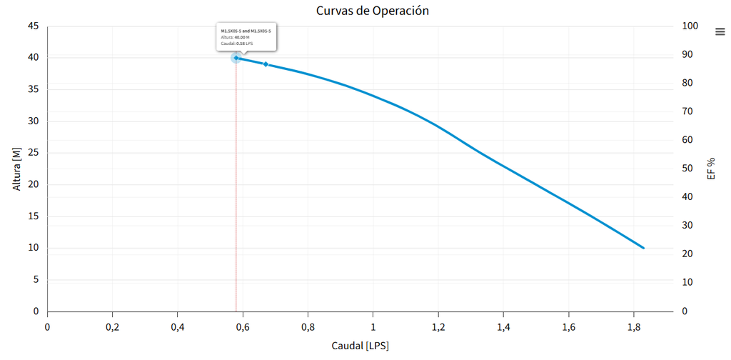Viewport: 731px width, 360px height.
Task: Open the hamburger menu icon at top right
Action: pyautogui.click(x=720, y=31)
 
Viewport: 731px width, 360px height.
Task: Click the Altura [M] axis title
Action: pyautogui.click(x=17, y=169)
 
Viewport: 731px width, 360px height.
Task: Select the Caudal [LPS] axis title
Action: pyautogui.click(x=360, y=346)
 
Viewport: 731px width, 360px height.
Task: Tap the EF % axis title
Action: pyautogui.click(x=711, y=169)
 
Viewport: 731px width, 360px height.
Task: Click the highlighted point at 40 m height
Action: pyautogui.click(x=236, y=58)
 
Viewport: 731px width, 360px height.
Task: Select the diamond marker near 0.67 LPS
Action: pyautogui.click(x=266, y=64)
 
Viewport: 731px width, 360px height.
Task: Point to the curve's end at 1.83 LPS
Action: pyautogui.click(x=643, y=248)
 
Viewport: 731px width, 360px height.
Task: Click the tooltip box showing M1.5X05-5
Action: pyautogui.click(x=246, y=37)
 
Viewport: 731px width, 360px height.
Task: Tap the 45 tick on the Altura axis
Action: pyautogui.click(x=33, y=26)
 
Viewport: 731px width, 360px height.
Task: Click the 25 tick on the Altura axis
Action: pyautogui.click(x=33, y=153)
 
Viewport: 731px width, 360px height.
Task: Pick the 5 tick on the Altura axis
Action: pyautogui.click(x=36, y=280)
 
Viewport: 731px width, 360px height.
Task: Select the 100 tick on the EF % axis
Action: pyautogui.click(x=690, y=26)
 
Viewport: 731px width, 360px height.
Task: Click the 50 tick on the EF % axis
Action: pyautogui.click(x=687, y=169)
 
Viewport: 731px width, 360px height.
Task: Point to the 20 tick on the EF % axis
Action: pyautogui.click(x=687, y=254)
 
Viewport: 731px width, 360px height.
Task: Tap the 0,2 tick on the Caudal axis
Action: pyautogui.click(x=112, y=327)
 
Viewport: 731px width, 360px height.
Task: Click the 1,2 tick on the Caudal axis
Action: pyautogui.click(x=438, y=327)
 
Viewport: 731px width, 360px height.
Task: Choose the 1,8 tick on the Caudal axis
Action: pyautogui.click(x=633, y=327)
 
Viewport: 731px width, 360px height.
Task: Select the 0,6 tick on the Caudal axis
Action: pyautogui.click(x=243, y=327)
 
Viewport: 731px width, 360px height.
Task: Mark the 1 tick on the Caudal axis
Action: pyautogui.click(x=373, y=327)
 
